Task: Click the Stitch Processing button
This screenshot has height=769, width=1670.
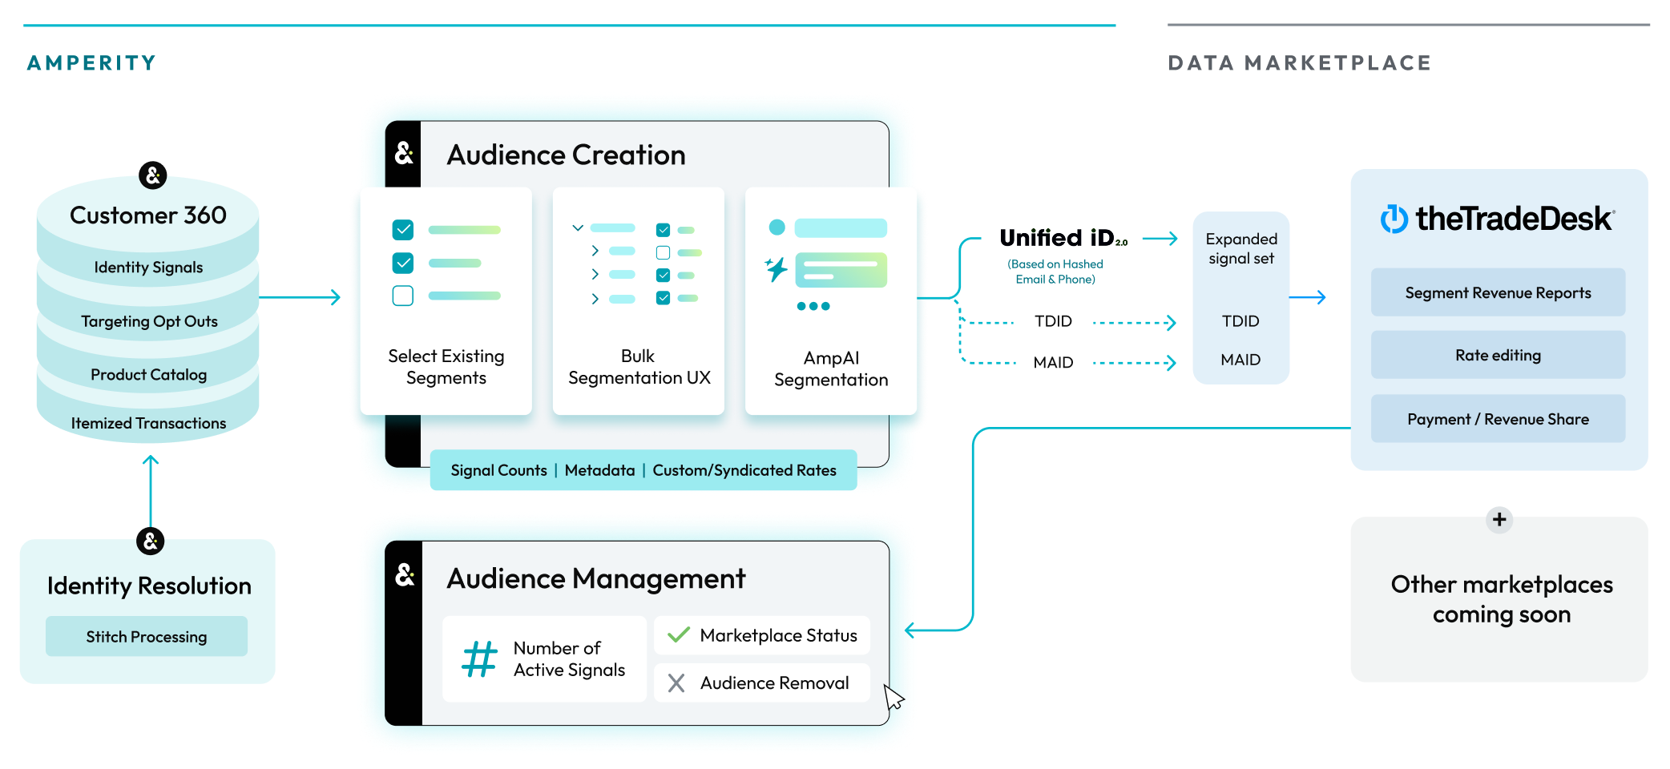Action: [x=147, y=637]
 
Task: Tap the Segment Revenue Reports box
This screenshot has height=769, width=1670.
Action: [x=1498, y=293]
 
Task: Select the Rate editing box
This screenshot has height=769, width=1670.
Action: [x=1498, y=355]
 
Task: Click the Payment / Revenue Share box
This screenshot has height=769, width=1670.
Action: [x=1498, y=419]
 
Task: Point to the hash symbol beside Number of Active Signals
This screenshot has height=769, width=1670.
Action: [x=479, y=659]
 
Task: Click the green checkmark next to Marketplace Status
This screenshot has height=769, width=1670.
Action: [x=679, y=635]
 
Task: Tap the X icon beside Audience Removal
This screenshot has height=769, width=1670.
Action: [x=676, y=683]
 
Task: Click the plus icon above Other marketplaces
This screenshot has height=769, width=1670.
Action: [x=1499, y=519]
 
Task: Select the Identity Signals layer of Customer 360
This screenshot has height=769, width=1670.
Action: [x=148, y=268]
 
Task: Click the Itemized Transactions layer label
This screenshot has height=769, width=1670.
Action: [x=148, y=423]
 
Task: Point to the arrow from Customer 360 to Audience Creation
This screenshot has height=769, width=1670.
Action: [x=301, y=298]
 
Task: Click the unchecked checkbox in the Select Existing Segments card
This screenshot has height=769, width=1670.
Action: [x=403, y=296]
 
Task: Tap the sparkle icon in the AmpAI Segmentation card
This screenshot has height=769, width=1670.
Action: [x=776, y=269]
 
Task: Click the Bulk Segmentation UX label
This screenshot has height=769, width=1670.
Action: [x=639, y=367]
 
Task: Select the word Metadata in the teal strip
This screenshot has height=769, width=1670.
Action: [x=599, y=470]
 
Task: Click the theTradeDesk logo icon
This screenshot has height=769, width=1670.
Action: [x=1394, y=219]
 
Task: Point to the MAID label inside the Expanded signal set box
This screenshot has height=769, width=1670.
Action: [x=1240, y=360]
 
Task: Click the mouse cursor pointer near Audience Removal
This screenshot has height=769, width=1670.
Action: [x=893, y=697]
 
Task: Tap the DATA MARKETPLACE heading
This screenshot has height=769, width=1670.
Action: [x=1299, y=63]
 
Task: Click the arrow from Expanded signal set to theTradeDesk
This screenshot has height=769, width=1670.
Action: [x=1309, y=298]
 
